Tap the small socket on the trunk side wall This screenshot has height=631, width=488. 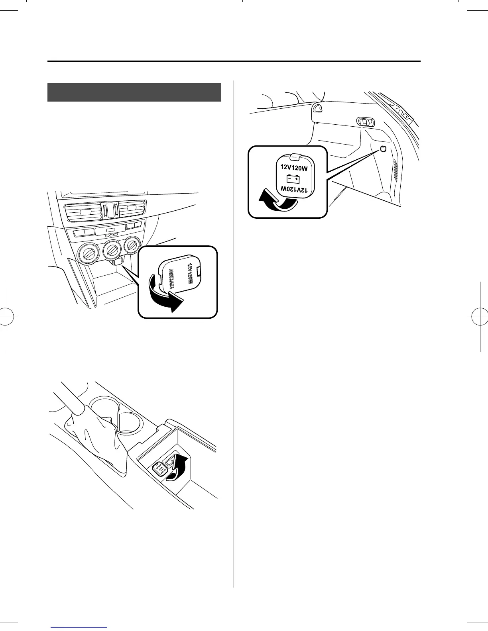(x=383, y=149)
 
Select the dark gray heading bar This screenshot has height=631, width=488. (x=134, y=92)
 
